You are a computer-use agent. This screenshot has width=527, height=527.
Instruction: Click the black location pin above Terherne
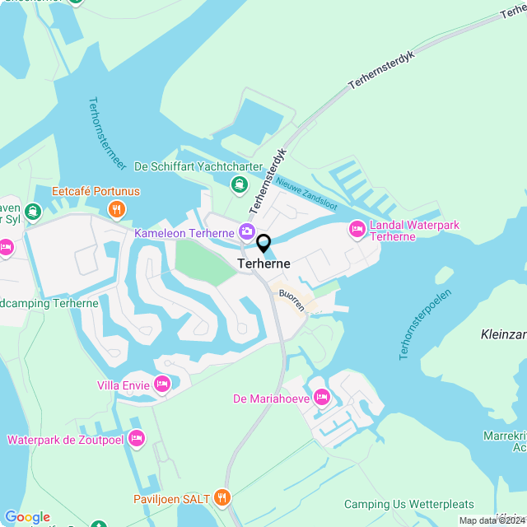pyautogui.click(x=263, y=244)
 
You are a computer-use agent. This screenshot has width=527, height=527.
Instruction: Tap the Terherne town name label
pyautogui.click(x=263, y=264)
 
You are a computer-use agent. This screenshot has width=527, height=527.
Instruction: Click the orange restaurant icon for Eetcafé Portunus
pyautogui.click(x=117, y=209)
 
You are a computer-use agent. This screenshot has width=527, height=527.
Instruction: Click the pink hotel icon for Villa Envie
pyautogui.click(x=162, y=383)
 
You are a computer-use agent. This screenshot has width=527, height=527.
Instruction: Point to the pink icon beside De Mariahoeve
pyautogui.click(x=321, y=399)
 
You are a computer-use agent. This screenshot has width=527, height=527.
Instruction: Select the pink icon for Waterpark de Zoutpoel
pyautogui.click(x=137, y=439)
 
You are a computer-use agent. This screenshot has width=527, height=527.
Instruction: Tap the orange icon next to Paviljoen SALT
pyautogui.click(x=221, y=497)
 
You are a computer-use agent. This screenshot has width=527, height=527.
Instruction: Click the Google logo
pyautogui.click(x=27, y=517)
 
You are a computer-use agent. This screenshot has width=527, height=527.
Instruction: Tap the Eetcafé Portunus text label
pyautogui.click(x=96, y=192)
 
